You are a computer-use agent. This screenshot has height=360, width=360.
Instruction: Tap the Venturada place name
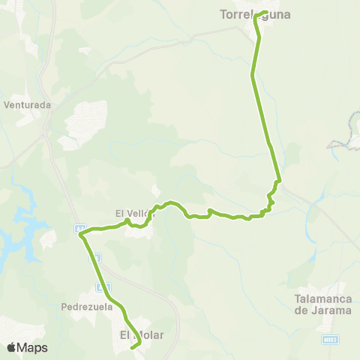click(x=27, y=105)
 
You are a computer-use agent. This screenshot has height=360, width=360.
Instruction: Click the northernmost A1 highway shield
click(x=78, y=227)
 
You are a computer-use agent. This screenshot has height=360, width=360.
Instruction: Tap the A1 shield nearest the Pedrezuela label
click(x=106, y=286)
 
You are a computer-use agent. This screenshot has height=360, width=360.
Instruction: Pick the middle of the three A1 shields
click(x=94, y=257)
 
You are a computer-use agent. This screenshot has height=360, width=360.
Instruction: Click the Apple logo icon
click(x=11, y=347)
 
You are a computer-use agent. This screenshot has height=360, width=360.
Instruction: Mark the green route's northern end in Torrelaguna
click(x=267, y=11)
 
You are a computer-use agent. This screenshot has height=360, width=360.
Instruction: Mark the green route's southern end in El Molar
click(x=132, y=347)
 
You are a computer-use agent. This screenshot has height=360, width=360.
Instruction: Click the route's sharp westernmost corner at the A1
click(x=80, y=235)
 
